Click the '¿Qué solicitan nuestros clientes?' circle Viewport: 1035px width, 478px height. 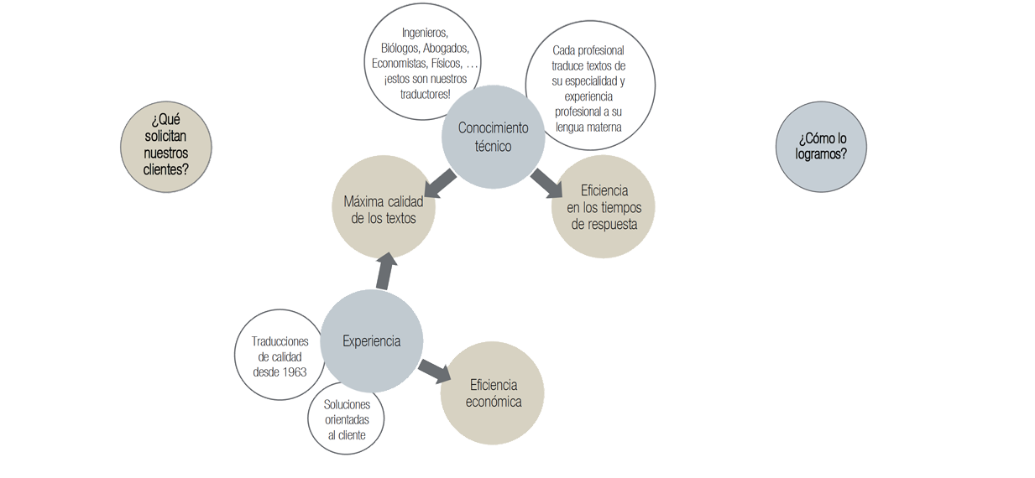(166, 147)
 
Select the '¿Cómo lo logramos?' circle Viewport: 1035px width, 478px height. (821, 147)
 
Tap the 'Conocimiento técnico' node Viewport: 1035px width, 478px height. (494, 138)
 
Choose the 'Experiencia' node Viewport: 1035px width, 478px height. (372, 341)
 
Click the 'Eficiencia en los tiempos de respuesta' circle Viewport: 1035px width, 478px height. (604, 207)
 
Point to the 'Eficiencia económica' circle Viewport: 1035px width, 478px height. (494, 393)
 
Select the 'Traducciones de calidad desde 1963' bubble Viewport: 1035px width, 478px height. (279, 356)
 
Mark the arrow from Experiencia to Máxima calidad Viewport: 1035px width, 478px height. (384, 270)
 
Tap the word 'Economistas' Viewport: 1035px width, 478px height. (400, 64)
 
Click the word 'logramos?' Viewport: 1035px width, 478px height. (821, 154)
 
